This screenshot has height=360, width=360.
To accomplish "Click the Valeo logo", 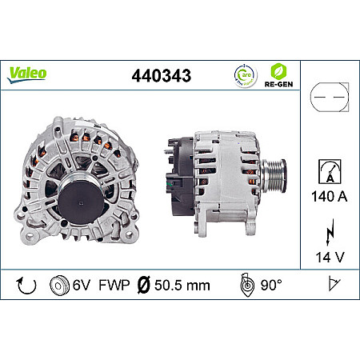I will [28, 73].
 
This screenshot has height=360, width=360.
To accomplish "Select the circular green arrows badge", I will [243, 77].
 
